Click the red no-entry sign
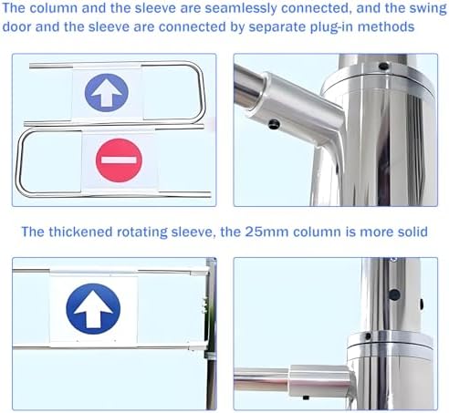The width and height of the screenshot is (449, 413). [x=119, y=160]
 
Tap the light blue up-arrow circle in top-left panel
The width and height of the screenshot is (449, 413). [x=107, y=93]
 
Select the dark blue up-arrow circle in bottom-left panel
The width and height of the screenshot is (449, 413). [x=93, y=309]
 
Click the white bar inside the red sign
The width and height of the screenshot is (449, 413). [x=119, y=160]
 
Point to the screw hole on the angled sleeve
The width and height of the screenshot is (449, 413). [x=274, y=124]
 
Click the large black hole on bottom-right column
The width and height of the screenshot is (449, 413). [x=394, y=294]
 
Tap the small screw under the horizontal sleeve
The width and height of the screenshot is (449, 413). [x=306, y=398]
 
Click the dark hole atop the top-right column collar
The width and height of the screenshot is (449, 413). [x=384, y=66]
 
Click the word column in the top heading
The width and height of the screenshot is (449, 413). [x=54, y=8]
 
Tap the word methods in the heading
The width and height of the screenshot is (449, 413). [x=386, y=26]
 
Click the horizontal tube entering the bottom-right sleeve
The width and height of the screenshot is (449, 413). [x=261, y=379]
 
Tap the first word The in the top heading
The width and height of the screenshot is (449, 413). [x=15, y=8]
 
